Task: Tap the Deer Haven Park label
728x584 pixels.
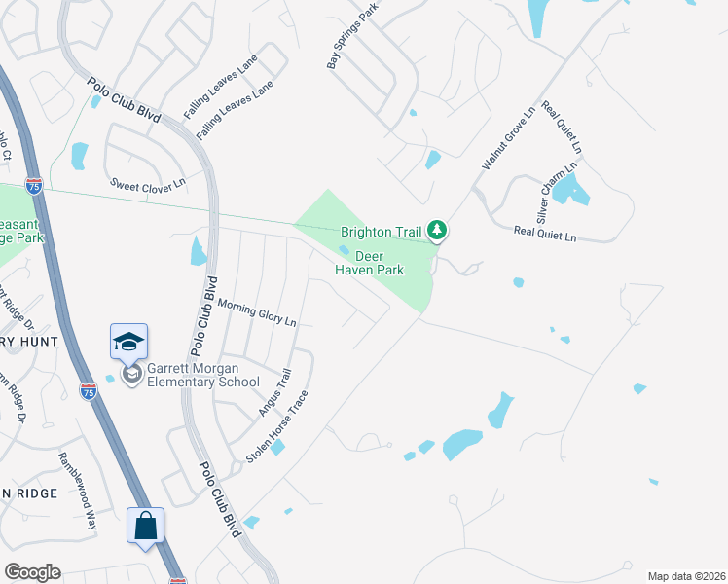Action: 369,263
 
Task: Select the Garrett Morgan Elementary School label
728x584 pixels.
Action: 202,376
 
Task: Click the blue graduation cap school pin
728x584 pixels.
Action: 128,341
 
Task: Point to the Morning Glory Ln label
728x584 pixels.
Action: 256,312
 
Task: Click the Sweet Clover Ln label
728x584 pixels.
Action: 147,183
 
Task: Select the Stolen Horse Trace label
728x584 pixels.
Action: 277,426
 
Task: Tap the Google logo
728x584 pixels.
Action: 32,571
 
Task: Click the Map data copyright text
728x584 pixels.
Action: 686,576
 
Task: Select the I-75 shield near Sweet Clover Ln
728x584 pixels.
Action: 34,186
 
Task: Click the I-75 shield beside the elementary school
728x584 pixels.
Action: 88,391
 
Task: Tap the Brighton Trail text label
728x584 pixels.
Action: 381,232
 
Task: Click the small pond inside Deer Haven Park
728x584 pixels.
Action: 344,249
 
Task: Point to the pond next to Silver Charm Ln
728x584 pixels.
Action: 570,189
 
